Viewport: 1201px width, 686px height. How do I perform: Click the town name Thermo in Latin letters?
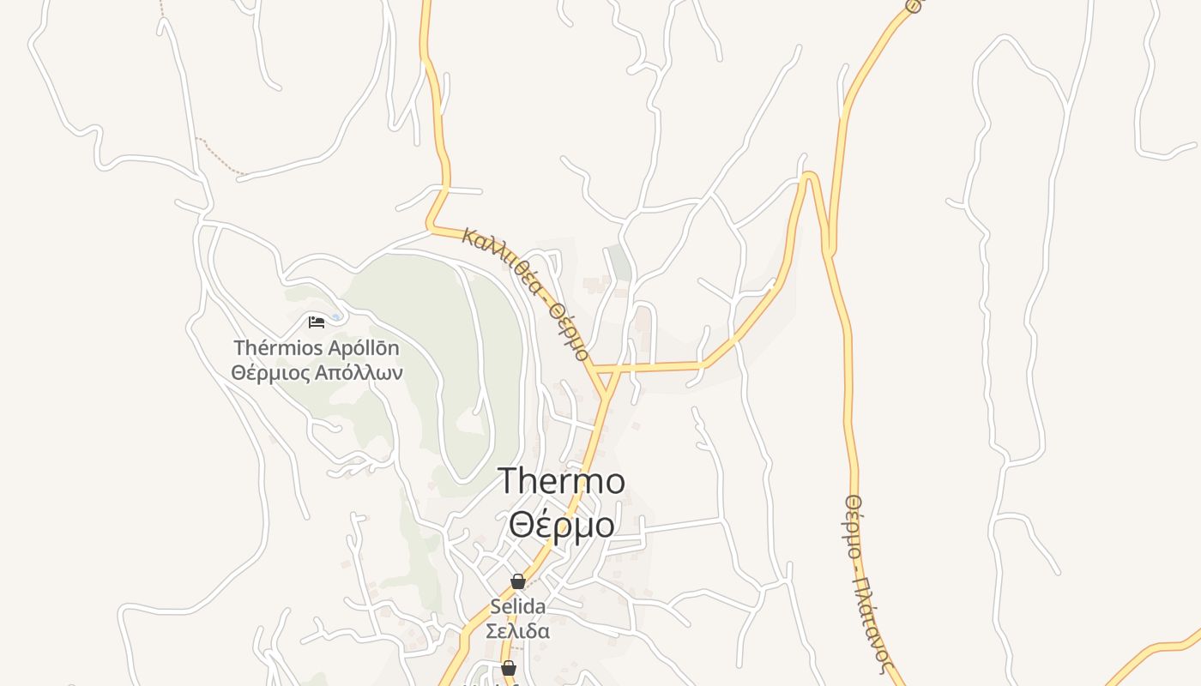pos(562,482)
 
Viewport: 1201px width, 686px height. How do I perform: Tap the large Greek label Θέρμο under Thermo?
pos(562,524)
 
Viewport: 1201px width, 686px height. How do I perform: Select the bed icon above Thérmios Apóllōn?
pos(317,322)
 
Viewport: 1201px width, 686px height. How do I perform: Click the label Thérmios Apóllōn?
pos(317,348)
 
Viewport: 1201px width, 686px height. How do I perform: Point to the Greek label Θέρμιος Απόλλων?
pos(317,373)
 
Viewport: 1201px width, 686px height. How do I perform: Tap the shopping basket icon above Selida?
pos(518,581)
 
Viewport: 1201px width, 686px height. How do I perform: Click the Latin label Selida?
pos(518,606)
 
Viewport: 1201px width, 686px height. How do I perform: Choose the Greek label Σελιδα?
pos(518,631)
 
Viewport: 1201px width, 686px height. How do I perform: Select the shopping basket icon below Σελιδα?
pos(509,668)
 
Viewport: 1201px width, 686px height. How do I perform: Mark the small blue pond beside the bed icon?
pos(335,318)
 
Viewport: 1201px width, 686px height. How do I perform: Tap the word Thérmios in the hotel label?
pos(278,348)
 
